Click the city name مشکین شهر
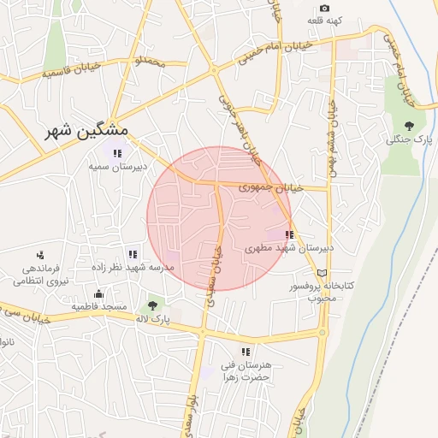coord(86,130)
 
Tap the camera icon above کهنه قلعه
coord(324,8)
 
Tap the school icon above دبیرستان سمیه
coord(117,153)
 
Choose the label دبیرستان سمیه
coord(117,166)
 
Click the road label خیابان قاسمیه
coord(53,74)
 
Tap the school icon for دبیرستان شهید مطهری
coord(289,234)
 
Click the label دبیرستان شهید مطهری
coord(276,247)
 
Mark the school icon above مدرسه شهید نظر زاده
coord(132,254)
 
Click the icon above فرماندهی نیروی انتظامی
coord(40,254)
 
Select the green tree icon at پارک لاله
coord(153,305)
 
